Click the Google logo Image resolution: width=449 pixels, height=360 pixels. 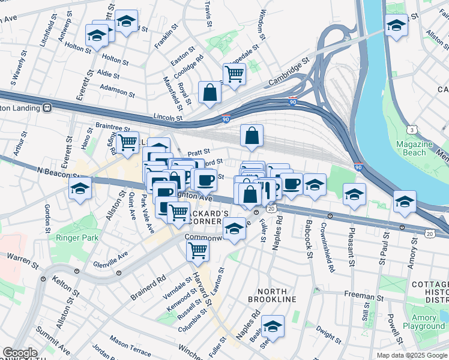click(20, 353)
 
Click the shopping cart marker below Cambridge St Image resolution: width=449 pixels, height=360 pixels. click(235, 74)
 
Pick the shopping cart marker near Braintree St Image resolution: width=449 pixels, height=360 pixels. click(127, 142)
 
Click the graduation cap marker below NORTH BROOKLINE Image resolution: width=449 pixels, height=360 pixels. click(273, 326)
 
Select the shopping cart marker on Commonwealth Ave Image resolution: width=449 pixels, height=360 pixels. click(197, 250)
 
